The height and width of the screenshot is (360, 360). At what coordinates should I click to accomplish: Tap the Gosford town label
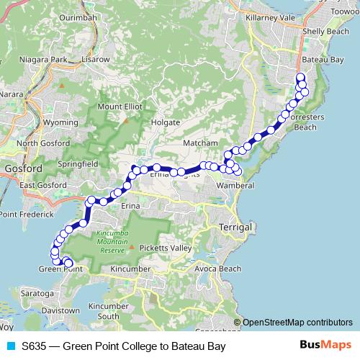coord(18,169)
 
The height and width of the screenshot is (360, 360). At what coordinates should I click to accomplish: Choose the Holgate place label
coord(165,123)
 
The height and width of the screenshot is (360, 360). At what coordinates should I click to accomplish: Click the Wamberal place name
coord(235,186)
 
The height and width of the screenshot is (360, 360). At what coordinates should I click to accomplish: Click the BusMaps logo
coord(326,346)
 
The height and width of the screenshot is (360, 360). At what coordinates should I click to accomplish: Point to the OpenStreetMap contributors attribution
coord(297,323)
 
